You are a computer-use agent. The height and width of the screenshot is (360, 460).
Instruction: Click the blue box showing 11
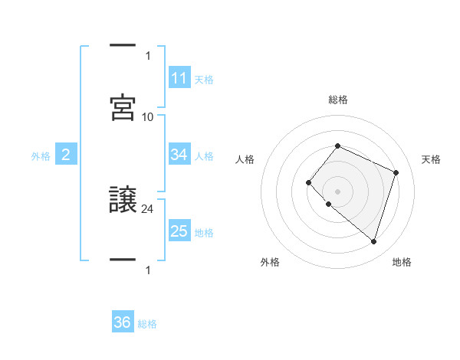(179, 78)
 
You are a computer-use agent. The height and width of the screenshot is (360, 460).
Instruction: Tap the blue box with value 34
(179, 155)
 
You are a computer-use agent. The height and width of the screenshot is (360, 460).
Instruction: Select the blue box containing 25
(179, 231)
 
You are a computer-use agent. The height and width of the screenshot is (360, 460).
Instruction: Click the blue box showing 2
(66, 155)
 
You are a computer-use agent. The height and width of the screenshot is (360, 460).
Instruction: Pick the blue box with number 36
(123, 322)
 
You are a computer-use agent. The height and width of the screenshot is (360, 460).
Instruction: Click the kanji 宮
(123, 108)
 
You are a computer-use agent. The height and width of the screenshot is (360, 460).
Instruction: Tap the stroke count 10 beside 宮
(148, 116)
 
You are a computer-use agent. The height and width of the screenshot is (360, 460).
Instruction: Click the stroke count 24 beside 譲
(148, 208)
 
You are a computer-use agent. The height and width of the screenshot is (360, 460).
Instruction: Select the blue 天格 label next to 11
(204, 80)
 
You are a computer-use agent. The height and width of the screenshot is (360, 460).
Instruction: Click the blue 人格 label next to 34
(204, 156)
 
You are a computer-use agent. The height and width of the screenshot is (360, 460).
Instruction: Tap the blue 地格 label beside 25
(204, 233)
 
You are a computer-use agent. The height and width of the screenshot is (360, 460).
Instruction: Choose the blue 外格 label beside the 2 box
(41, 156)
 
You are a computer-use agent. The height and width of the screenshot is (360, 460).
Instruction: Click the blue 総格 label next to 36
(147, 324)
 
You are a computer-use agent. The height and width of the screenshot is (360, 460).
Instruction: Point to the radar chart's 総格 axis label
(338, 100)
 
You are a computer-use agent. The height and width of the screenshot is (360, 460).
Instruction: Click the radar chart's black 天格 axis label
(431, 159)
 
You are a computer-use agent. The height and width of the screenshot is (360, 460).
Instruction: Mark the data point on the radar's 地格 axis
(373, 241)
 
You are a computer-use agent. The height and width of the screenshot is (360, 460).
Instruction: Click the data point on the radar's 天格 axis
(396, 172)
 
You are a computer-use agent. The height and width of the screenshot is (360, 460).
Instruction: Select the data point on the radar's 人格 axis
(308, 182)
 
